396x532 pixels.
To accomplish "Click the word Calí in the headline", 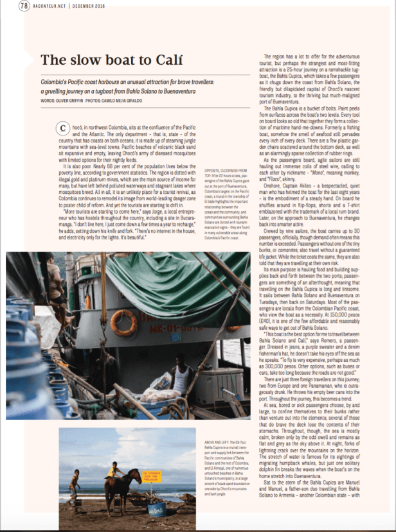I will click(156, 61).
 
